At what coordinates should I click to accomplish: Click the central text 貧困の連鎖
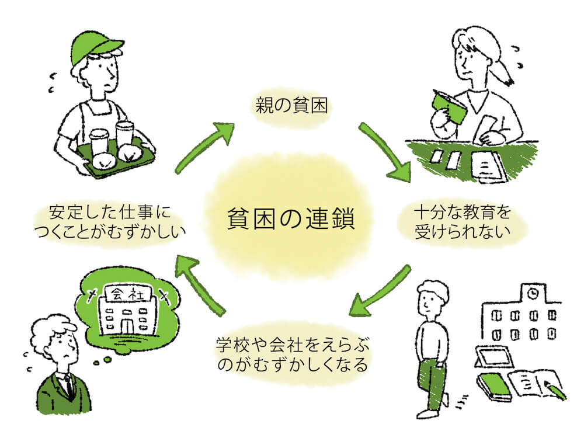(x=291, y=220)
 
